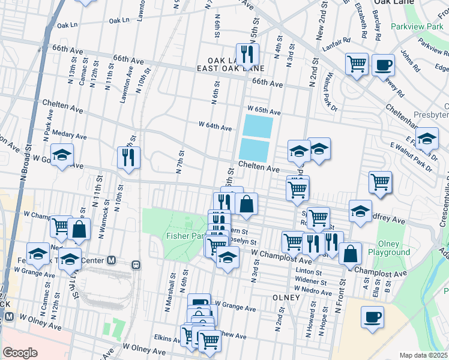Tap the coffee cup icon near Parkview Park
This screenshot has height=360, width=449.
click(383, 65)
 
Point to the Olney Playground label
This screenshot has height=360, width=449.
click(393, 248)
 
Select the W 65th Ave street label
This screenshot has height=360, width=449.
click(264, 112)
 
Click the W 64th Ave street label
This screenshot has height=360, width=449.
click(215, 127)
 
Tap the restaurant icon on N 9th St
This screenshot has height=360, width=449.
click(128, 157)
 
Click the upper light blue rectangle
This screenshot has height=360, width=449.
click(258, 127)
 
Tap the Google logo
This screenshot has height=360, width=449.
click(20, 352)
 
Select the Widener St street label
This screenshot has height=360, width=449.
click(311, 281)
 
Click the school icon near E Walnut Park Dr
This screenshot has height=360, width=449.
click(427, 139)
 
